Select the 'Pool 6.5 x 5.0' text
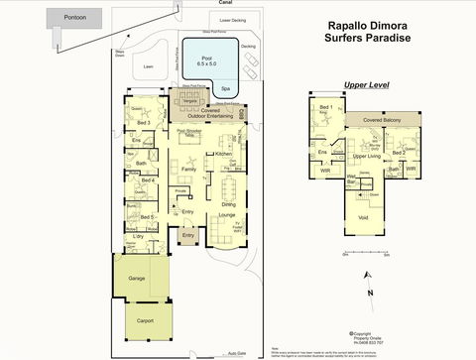[207, 61]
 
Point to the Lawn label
[150, 67]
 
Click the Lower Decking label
[232, 20]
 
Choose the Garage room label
[136, 279]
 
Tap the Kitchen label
[223, 155]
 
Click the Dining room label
[228, 203]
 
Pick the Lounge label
[226, 214]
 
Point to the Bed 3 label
[144, 122]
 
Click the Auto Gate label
[235, 353]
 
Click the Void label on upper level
[363, 216]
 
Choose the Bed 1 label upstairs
[325, 106]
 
